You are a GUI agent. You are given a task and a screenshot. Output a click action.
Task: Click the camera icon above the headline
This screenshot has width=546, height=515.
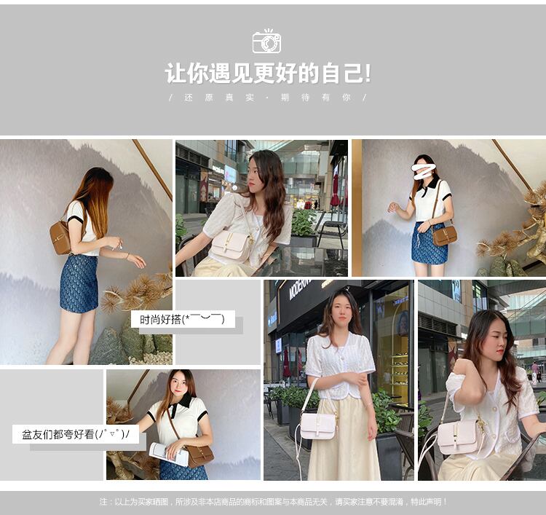(266, 42)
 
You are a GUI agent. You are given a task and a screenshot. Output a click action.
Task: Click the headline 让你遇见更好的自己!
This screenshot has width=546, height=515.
(268, 73)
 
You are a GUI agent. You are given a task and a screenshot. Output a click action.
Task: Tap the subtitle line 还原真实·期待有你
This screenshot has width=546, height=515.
(267, 98)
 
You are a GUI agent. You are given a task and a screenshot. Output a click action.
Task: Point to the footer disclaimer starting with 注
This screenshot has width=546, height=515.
(273, 502)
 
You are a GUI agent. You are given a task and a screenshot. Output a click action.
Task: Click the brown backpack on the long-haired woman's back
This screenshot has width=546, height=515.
(60, 237)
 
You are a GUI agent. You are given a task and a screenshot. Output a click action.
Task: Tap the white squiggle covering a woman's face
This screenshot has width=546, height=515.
(424, 172)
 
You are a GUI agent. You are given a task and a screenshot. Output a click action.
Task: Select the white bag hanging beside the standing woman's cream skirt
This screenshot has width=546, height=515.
(317, 426)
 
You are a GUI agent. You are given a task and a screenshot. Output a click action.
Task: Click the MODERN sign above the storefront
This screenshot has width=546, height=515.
(298, 290)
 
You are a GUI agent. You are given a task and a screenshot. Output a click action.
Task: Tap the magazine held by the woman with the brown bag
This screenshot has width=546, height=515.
(169, 454)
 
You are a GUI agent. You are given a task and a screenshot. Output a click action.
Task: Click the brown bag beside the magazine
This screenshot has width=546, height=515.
(200, 455)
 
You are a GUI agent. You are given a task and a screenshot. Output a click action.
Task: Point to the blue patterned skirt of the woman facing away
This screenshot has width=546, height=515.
(79, 284)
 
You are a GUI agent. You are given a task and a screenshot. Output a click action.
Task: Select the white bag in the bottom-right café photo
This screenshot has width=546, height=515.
(459, 436)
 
